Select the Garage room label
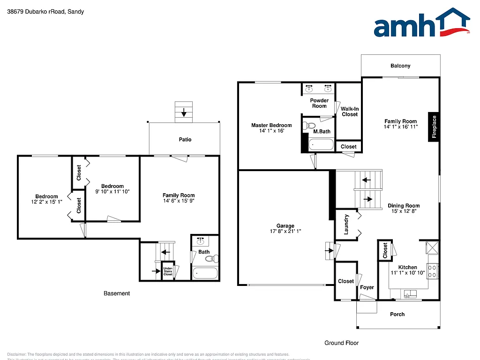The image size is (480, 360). pos(285,226)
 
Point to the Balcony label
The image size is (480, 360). pos(400,66)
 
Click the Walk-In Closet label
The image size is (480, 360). pos(350,111)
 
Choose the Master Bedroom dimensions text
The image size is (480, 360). pos(271,131)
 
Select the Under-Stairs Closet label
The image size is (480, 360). pos(168,271)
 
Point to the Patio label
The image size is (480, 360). pos(185,139)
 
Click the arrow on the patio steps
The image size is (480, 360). pos(184,112)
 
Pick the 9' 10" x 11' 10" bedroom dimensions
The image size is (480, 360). pos(112,191)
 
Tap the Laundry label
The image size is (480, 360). pos(346,224)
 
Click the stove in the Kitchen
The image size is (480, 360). pos(433,271)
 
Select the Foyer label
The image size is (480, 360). pos(367,287)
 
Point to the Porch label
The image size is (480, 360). pos(397,314)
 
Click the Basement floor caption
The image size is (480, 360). pos(117,293)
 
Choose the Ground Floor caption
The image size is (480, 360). pos(342,343)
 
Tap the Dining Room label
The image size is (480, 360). pos(404,206)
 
